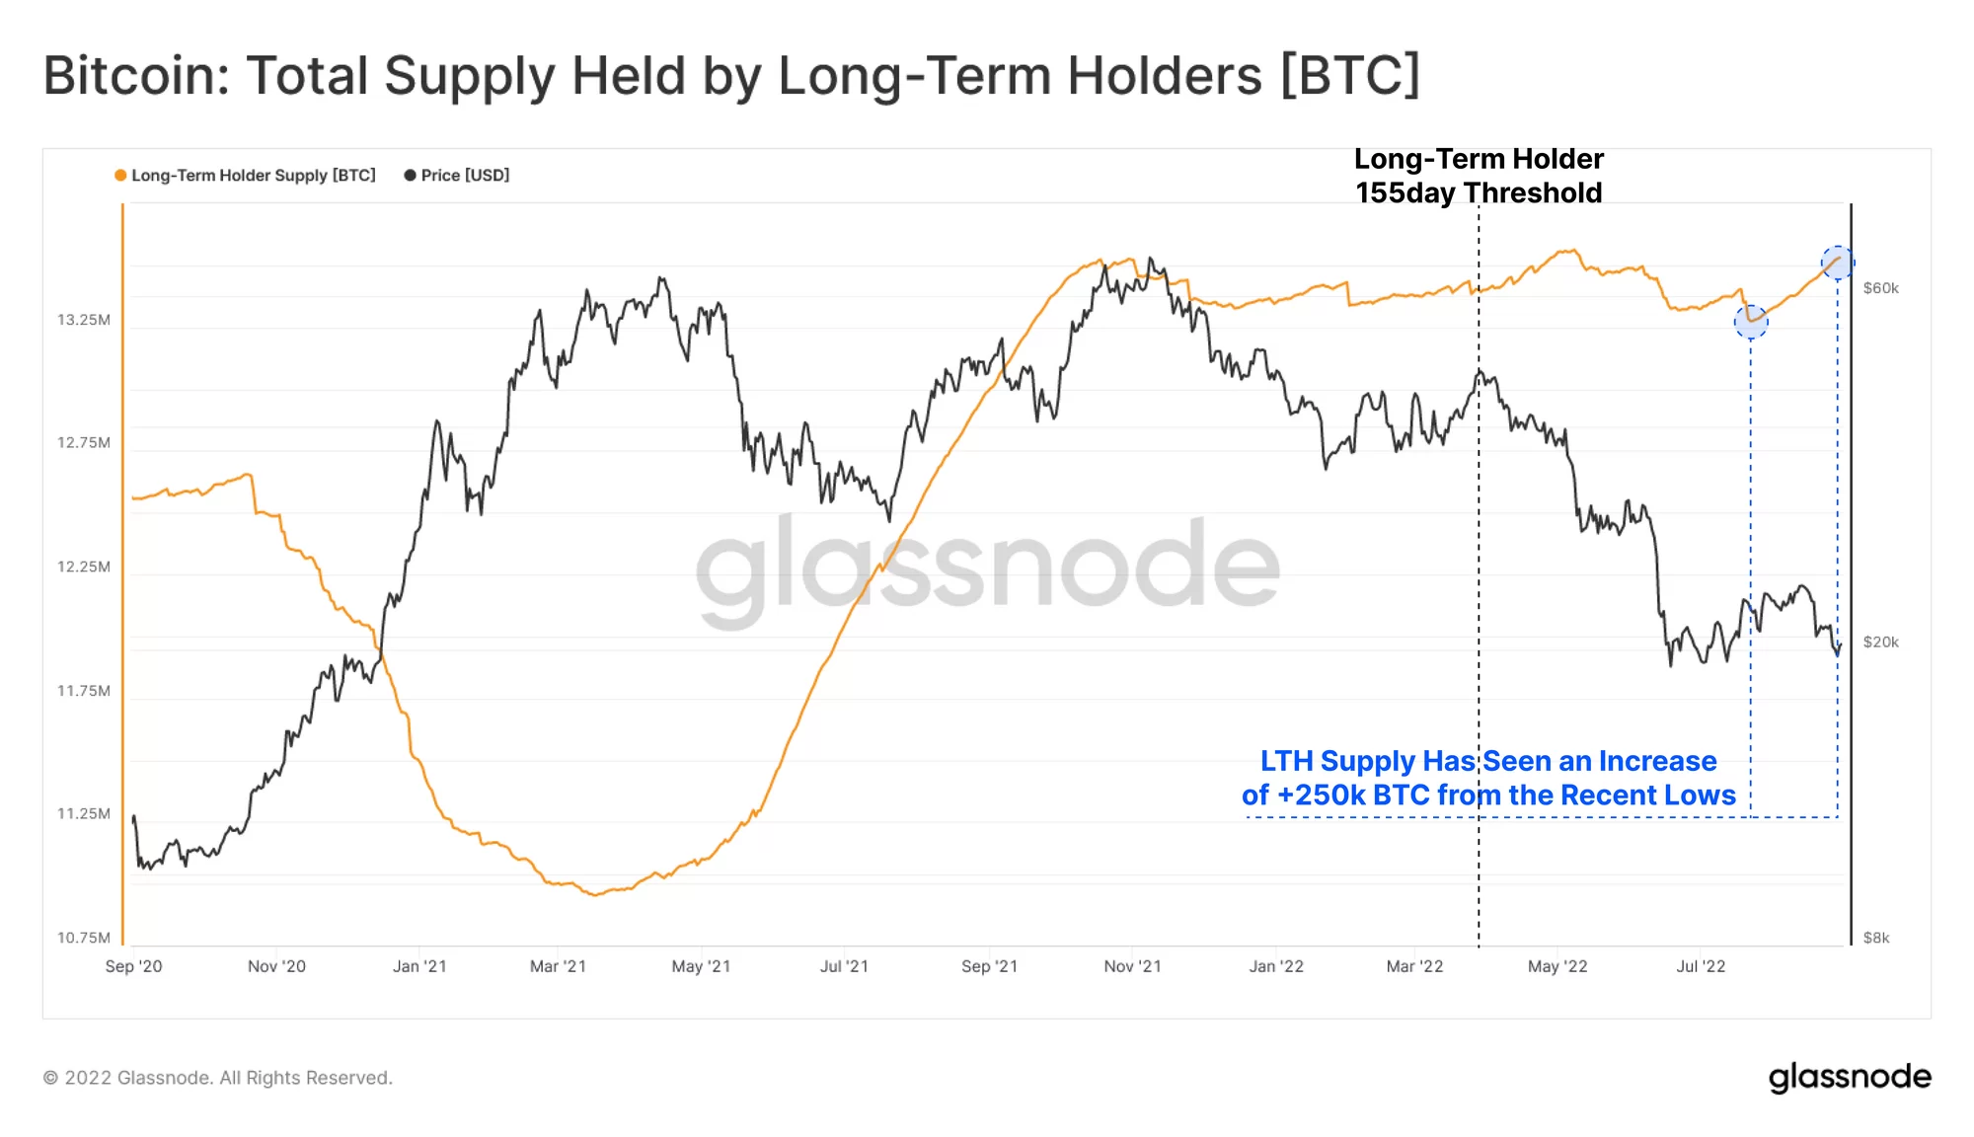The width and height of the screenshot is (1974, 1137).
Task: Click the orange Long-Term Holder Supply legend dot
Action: pos(120,176)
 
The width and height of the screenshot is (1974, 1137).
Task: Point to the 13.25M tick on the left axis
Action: pos(84,320)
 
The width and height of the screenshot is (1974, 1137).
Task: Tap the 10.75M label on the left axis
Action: pos(84,938)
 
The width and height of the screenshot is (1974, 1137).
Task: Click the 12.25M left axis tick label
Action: pos(84,567)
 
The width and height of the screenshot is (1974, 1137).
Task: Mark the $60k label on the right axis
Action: pos(1880,288)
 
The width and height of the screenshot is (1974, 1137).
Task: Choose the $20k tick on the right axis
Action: pos(1880,643)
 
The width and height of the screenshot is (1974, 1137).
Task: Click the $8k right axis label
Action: pos(1875,938)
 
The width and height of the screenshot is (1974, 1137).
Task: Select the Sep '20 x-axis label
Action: pos(134,966)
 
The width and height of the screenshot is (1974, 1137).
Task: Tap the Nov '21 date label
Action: pos(1132,966)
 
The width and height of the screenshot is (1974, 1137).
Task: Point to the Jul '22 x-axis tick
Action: pos(1701,966)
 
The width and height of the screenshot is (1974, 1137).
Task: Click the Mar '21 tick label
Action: pos(558,966)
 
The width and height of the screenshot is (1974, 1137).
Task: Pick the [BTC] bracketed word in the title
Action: pos(1350,76)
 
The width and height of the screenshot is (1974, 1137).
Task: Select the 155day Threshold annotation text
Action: pos(1478,192)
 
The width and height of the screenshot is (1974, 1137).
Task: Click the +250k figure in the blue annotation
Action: pos(1321,796)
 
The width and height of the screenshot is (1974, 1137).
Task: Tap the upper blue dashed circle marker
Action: pos(1837,263)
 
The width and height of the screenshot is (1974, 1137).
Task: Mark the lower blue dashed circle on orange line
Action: pos(1751,321)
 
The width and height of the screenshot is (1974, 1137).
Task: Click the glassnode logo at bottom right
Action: pos(1850,1077)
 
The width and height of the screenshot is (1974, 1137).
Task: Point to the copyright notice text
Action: pos(218,1078)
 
